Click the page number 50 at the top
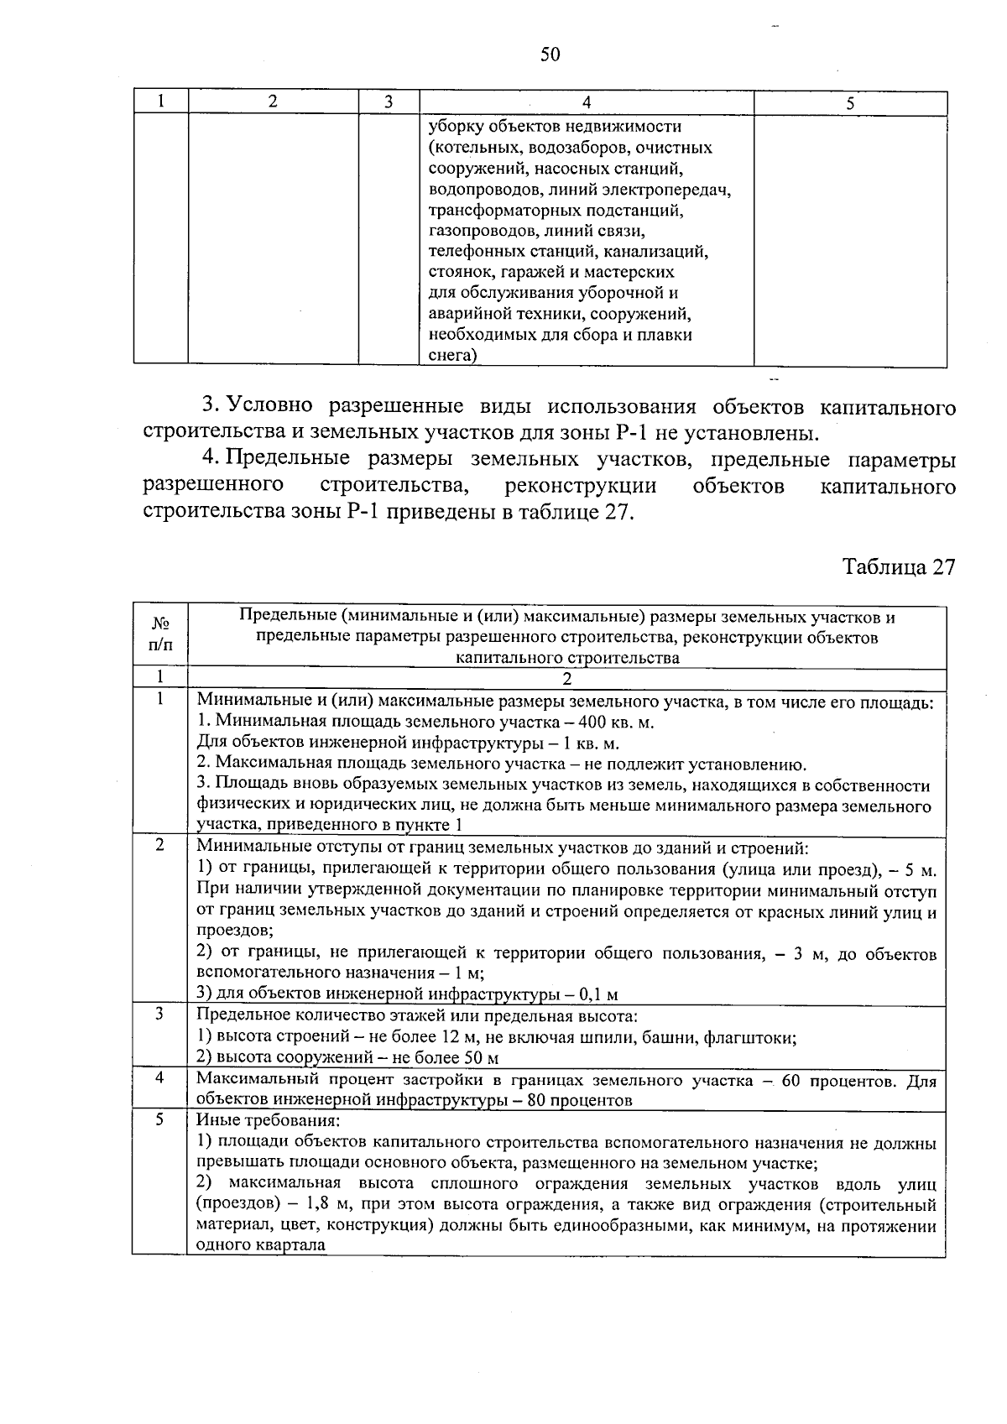point(550,55)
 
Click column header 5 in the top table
point(850,103)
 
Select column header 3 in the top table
point(389,102)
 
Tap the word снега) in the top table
point(452,356)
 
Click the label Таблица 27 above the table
point(899,567)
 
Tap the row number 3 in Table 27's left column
point(159,1015)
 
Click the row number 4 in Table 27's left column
point(159,1077)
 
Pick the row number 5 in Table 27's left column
point(159,1119)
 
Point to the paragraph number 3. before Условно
point(211,406)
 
